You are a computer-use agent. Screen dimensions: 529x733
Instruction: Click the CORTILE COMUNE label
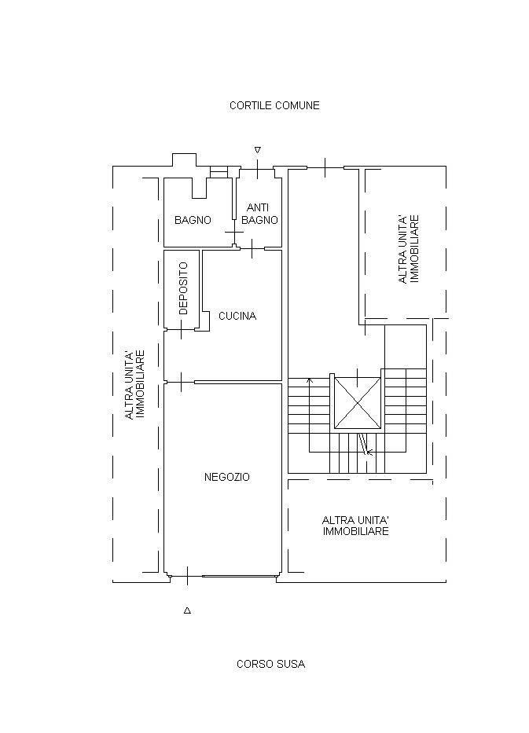pos(274,105)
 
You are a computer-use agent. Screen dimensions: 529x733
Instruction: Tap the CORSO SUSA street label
pos(271,664)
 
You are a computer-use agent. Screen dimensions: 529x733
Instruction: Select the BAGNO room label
pos(193,220)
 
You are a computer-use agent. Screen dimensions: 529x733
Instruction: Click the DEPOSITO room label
pos(183,288)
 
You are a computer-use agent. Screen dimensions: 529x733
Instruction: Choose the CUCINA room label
pos(237,316)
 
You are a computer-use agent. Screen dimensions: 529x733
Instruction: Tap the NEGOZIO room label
pos(227,478)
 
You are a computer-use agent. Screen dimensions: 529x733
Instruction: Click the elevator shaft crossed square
pos(358,403)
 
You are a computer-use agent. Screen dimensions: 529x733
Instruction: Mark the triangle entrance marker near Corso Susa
pos(187,610)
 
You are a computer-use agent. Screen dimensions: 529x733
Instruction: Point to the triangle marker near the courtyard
pos(257,150)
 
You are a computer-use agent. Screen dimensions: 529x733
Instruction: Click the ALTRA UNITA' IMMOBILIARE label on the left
pos(134,385)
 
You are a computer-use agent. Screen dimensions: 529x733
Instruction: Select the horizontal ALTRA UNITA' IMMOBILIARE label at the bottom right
pos(356,526)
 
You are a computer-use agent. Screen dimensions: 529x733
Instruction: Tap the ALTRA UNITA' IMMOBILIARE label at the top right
pos(408,249)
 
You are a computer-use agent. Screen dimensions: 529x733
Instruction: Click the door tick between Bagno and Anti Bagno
pos(234,232)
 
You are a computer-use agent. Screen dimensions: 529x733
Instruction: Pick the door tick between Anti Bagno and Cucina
pos(252,249)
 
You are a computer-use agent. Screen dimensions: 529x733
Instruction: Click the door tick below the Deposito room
pos(182,330)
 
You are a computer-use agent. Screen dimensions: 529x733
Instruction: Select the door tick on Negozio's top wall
pos(181,383)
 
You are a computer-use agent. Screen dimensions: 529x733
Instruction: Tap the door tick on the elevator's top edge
pos(358,377)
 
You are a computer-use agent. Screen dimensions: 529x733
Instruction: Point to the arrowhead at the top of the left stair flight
pos(309,380)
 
